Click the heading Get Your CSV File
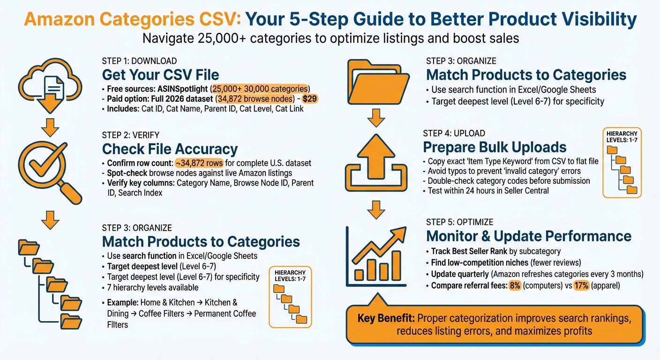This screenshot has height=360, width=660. point(160,75)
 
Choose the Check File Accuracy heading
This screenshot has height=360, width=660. point(170,149)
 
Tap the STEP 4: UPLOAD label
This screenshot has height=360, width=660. point(454,133)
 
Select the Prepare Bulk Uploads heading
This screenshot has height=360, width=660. point(495,147)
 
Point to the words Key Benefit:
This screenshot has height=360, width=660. point(385,318)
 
